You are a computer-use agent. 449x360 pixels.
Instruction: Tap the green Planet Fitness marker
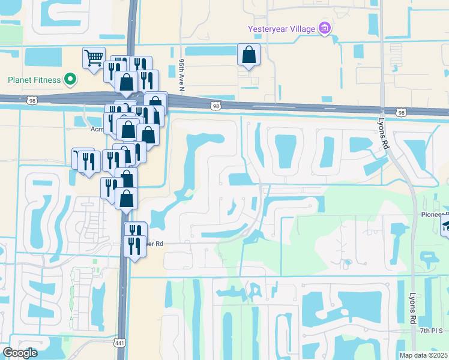pos(70,79)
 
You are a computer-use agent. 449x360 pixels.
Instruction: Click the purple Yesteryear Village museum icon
pos(325,28)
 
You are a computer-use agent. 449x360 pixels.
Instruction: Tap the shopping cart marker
pos(94,58)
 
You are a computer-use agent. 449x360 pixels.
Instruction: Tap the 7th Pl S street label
pos(431,331)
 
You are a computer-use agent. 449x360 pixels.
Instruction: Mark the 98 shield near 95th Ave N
pos(215,106)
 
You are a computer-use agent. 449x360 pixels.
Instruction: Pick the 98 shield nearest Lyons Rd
pos(401,112)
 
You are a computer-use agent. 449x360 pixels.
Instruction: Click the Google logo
pos(20,353)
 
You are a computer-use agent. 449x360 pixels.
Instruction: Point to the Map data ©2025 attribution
pos(424,355)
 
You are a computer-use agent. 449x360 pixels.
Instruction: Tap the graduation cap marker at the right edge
pos(445,226)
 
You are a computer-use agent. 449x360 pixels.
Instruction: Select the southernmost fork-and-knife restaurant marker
pos(134,247)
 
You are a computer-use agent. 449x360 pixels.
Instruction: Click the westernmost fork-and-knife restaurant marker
pos(83,159)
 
